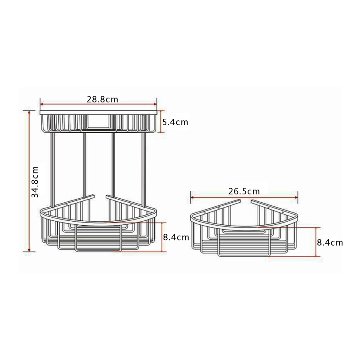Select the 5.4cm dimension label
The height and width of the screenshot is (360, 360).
click(175, 122)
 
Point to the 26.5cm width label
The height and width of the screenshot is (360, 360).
click(244, 191)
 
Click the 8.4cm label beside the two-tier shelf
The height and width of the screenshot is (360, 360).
click(176, 237)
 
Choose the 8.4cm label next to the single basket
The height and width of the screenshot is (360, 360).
click(330, 242)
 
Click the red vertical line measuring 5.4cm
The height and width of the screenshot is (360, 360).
click(162, 122)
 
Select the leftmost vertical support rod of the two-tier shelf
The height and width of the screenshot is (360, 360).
click(52, 168)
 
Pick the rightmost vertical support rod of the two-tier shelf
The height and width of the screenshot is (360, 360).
click(144, 168)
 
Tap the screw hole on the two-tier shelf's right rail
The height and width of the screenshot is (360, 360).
click(131, 205)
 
